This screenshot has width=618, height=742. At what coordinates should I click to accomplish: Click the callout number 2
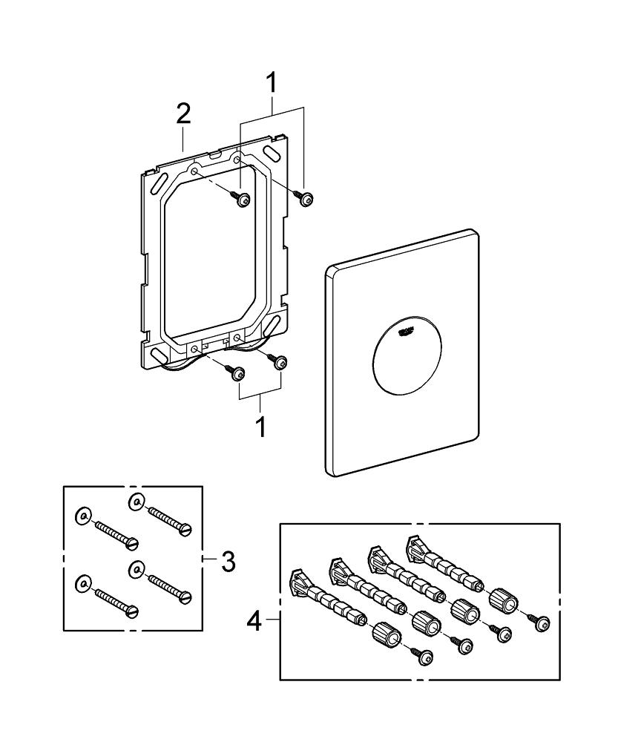coord(183,114)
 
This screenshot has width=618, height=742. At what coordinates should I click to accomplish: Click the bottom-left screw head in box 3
coord(134,611)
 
